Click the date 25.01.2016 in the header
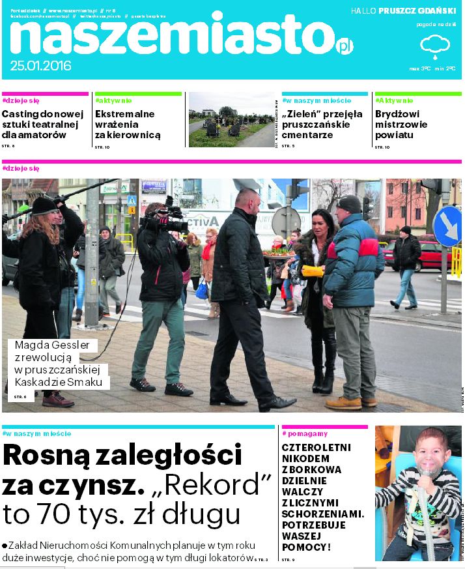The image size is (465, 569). click(x=40, y=66)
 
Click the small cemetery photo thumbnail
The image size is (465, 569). click(x=231, y=119)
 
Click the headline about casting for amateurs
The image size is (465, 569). click(x=43, y=124)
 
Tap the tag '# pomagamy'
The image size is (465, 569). click(x=305, y=433)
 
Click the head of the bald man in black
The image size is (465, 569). click(x=248, y=199)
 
